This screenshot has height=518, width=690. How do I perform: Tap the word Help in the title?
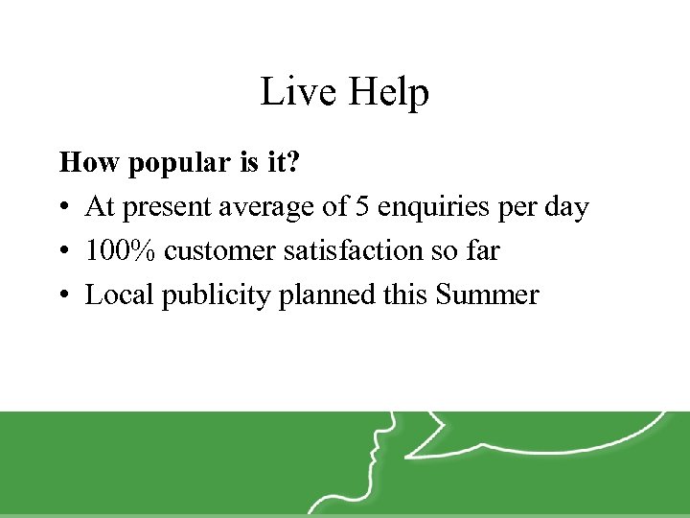pyautogui.click(x=388, y=92)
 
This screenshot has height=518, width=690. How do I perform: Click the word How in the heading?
pyautogui.click(x=81, y=163)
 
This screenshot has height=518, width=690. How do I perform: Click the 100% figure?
pyautogui.click(x=122, y=251)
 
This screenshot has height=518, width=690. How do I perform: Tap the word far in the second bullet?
pyautogui.click(x=483, y=251)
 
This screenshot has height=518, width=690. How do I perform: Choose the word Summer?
pyautogui.click(x=487, y=294)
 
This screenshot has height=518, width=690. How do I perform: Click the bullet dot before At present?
pyautogui.click(x=64, y=208)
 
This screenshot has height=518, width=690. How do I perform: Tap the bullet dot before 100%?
pyautogui.click(x=64, y=252)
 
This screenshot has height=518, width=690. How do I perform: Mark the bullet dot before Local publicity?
pyautogui.click(x=64, y=295)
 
